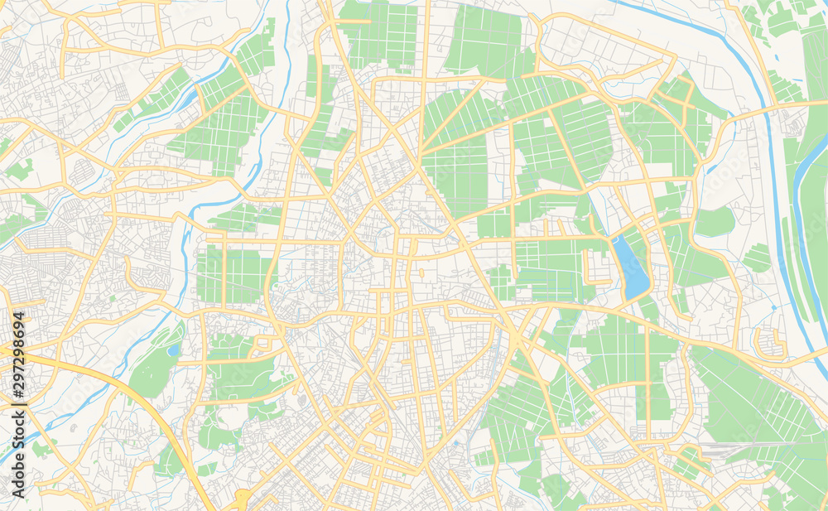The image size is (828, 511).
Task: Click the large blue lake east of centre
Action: point(633,268)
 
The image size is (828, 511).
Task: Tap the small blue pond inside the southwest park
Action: point(172,350)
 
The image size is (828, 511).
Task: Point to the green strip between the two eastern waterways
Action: point(790,248)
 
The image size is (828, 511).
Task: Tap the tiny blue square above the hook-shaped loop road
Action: point(773,306)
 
